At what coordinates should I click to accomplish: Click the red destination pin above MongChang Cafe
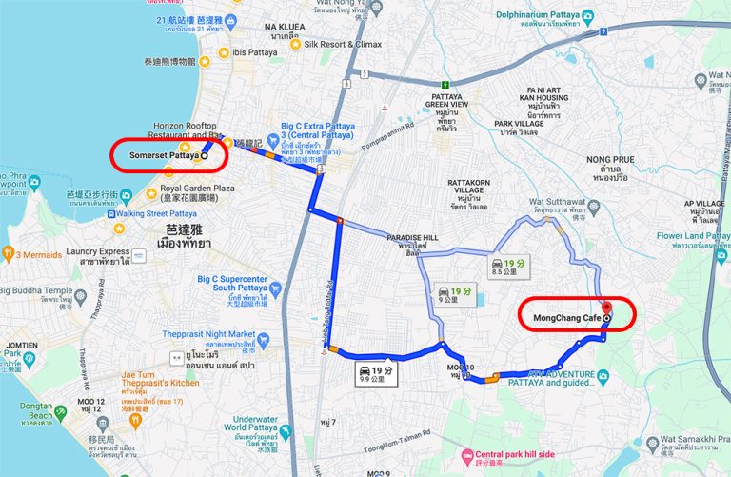tap(607, 308)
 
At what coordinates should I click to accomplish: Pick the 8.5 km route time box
tap(504, 266)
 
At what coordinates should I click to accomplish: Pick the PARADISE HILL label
tap(413, 238)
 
